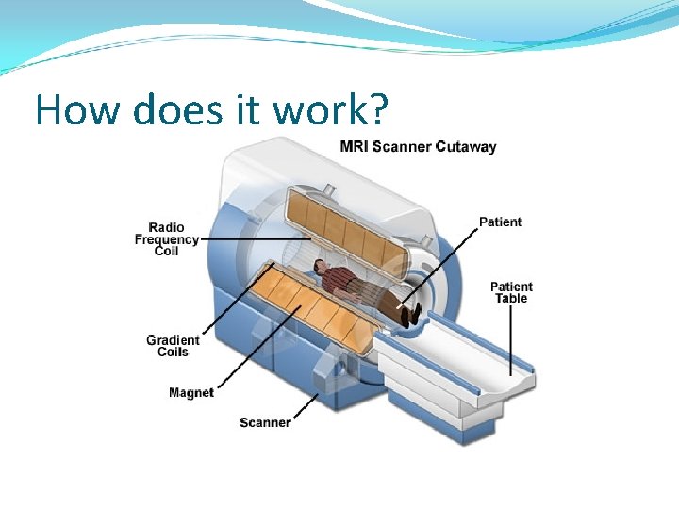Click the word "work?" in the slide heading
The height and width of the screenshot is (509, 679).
(329, 110)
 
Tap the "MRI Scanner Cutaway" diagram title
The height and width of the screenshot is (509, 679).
(418, 146)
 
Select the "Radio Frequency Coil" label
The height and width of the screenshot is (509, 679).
(167, 239)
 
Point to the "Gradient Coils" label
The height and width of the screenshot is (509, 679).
(173, 346)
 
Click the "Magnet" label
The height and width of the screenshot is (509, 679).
(191, 392)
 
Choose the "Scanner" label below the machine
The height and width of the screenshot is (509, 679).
(265, 422)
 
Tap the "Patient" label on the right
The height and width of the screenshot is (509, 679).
(500, 222)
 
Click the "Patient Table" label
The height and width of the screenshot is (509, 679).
(511, 292)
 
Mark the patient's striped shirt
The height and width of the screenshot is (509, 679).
(343, 280)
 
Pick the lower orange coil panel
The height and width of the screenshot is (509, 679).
(311, 306)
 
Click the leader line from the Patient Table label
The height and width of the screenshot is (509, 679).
(512, 339)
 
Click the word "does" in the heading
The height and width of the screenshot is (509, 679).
(176, 110)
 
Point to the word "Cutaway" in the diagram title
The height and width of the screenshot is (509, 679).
(466, 146)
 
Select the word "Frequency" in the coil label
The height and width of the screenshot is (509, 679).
(167, 239)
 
